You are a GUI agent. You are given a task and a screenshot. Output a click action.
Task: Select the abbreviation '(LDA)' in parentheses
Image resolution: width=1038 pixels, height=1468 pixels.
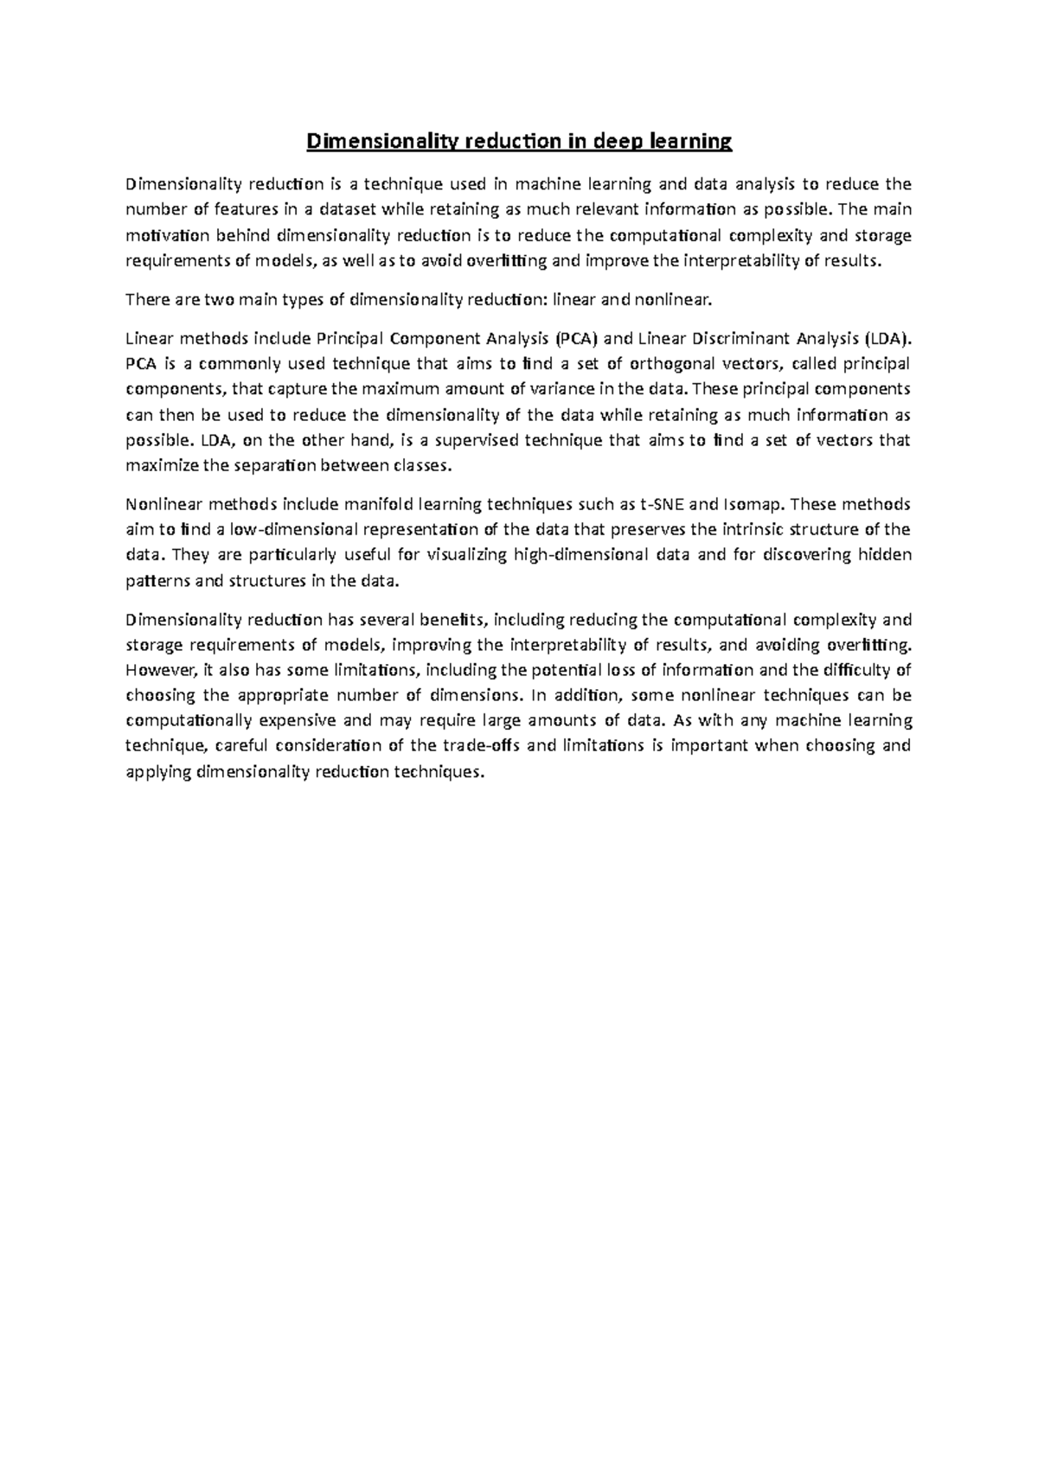point(888,338)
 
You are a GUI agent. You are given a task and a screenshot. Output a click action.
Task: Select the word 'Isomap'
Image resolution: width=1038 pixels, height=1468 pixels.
point(751,504)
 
